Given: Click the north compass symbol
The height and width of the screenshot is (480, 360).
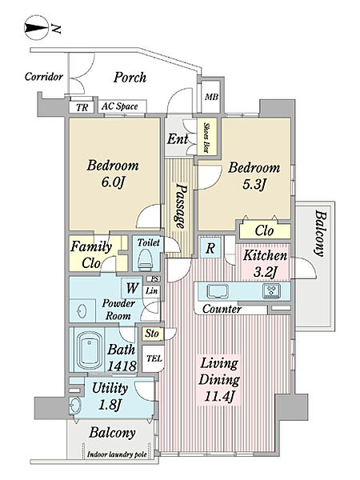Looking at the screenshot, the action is pyautogui.click(x=36, y=28).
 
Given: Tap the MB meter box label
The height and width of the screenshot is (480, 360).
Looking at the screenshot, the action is pyautogui.click(x=211, y=97).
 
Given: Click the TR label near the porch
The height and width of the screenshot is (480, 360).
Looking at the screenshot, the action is pyautogui.click(x=82, y=107).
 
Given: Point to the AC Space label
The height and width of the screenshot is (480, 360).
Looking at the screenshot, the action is pyautogui.click(x=120, y=106).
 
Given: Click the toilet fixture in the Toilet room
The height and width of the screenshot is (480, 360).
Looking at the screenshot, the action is pyautogui.click(x=145, y=259).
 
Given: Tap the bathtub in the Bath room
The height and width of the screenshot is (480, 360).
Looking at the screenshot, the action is pyautogui.click(x=89, y=350).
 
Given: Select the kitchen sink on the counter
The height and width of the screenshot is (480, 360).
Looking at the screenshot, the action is pyautogui.click(x=218, y=291).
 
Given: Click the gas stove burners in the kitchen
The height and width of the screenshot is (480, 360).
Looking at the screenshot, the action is pyautogui.click(x=271, y=291).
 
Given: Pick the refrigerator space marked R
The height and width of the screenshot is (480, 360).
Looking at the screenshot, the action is pyautogui.click(x=210, y=248).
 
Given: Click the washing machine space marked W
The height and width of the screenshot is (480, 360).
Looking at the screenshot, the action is pyautogui.click(x=132, y=288).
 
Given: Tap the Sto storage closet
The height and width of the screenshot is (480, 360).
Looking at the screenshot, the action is pyautogui.click(x=153, y=334).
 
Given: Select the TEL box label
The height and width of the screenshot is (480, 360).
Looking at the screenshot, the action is pyautogui.click(x=154, y=358).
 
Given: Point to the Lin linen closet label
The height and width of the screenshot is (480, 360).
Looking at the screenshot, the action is pyautogui.click(x=151, y=291).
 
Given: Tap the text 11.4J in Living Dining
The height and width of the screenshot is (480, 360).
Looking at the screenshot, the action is pyautogui.click(x=219, y=397).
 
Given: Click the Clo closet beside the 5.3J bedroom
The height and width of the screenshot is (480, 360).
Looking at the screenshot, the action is pyautogui.click(x=265, y=231).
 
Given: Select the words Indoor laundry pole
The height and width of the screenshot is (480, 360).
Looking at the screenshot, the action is pyautogui.click(x=117, y=454).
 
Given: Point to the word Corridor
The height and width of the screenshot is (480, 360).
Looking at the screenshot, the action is pyautogui.click(x=44, y=76).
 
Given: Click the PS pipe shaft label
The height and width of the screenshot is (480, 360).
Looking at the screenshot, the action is pyautogui.click(x=156, y=279).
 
